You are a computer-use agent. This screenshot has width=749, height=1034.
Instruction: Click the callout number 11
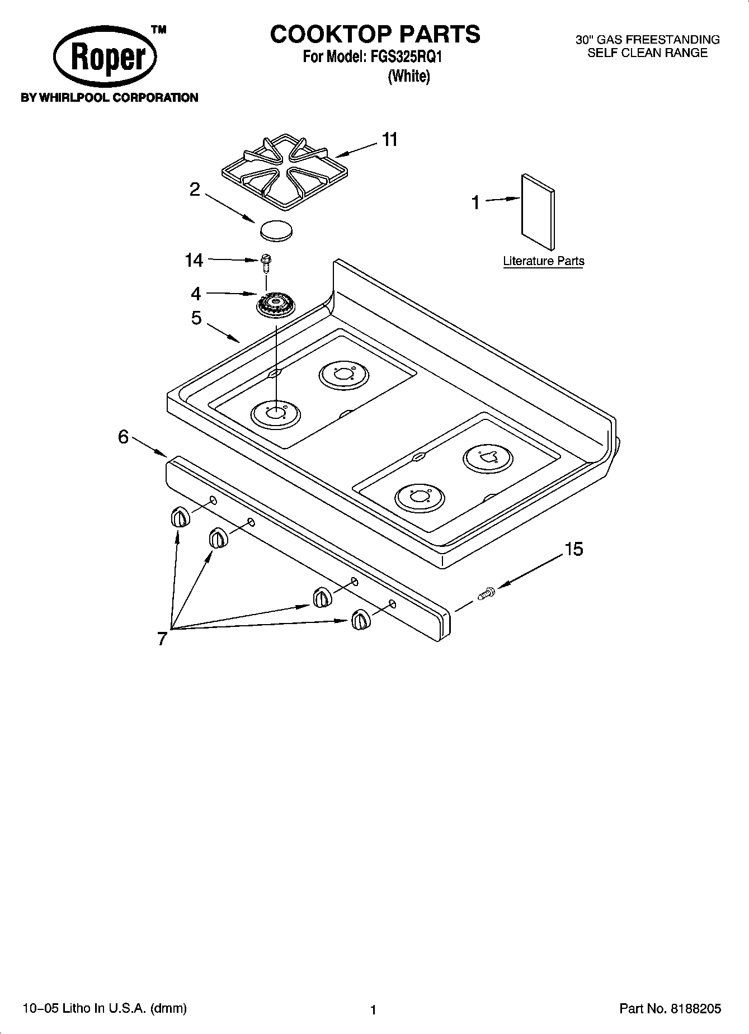pyautogui.click(x=390, y=139)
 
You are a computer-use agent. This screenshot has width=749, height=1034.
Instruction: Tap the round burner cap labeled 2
pyautogui.click(x=276, y=230)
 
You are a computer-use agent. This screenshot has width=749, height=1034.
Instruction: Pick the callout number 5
pyautogui.click(x=196, y=318)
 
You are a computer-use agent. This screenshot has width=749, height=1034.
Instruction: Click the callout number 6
pyautogui.click(x=124, y=436)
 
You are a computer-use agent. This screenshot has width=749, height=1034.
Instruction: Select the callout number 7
pyautogui.click(x=162, y=638)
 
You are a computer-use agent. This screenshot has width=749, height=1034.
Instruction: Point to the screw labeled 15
pyautogui.click(x=487, y=593)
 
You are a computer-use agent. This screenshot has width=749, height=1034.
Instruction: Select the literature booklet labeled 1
pyautogui.click(x=539, y=211)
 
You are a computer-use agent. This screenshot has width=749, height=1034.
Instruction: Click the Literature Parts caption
pyautogui.click(x=543, y=261)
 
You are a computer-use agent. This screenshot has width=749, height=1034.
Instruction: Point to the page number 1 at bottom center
pyautogui.click(x=373, y=1010)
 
